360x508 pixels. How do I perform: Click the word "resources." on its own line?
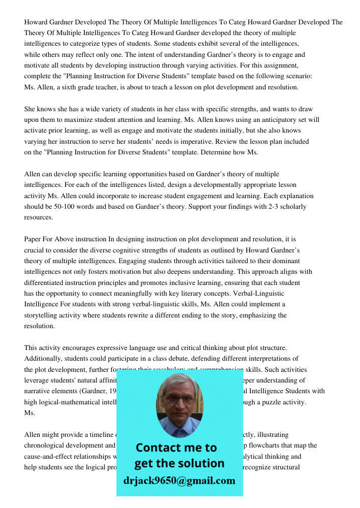(x=39, y=217)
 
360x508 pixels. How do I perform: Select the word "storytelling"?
(x=43, y=315)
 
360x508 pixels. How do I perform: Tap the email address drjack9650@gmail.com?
(x=179, y=480)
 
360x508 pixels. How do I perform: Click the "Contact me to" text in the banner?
(x=176, y=448)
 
